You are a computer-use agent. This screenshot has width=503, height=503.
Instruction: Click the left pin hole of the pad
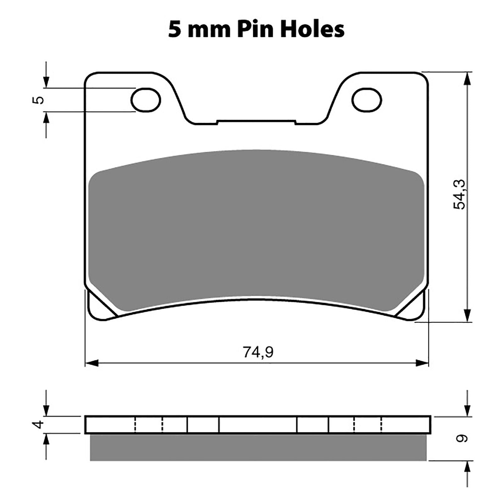click(x=146, y=100)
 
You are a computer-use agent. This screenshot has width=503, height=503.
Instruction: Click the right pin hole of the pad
click(x=367, y=100)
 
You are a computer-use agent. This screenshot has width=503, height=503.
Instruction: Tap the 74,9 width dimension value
click(x=258, y=352)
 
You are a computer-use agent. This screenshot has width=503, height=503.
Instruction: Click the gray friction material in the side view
click(x=258, y=448)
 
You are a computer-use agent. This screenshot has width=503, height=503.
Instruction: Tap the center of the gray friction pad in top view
click(x=256, y=229)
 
